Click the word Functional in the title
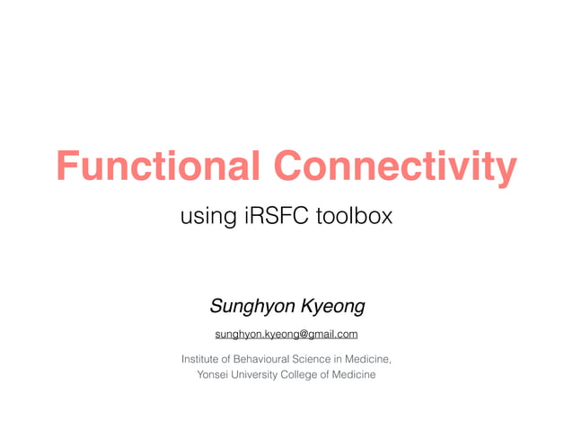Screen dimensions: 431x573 click(158, 167)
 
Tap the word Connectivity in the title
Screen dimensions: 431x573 click(395, 167)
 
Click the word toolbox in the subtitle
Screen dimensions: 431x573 click(357, 217)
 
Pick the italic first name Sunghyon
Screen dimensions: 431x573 click(251, 307)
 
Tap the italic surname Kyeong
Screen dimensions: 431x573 click(331, 307)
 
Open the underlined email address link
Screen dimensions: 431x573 click(286, 335)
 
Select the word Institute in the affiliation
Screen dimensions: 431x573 click(204, 359)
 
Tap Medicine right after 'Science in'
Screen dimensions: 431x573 click(371, 359)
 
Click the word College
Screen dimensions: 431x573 click(310, 374)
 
